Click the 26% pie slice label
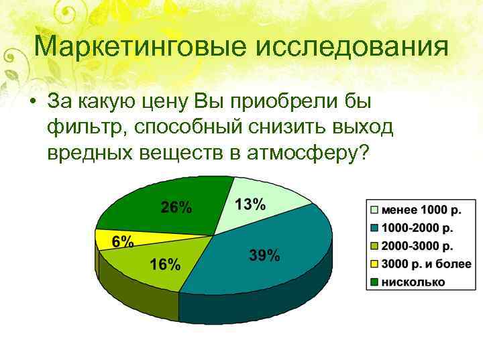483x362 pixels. click(x=176, y=207)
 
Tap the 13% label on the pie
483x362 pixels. click(x=250, y=204)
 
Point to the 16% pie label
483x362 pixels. click(x=164, y=264)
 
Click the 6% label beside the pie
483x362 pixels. click(x=122, y=242)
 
